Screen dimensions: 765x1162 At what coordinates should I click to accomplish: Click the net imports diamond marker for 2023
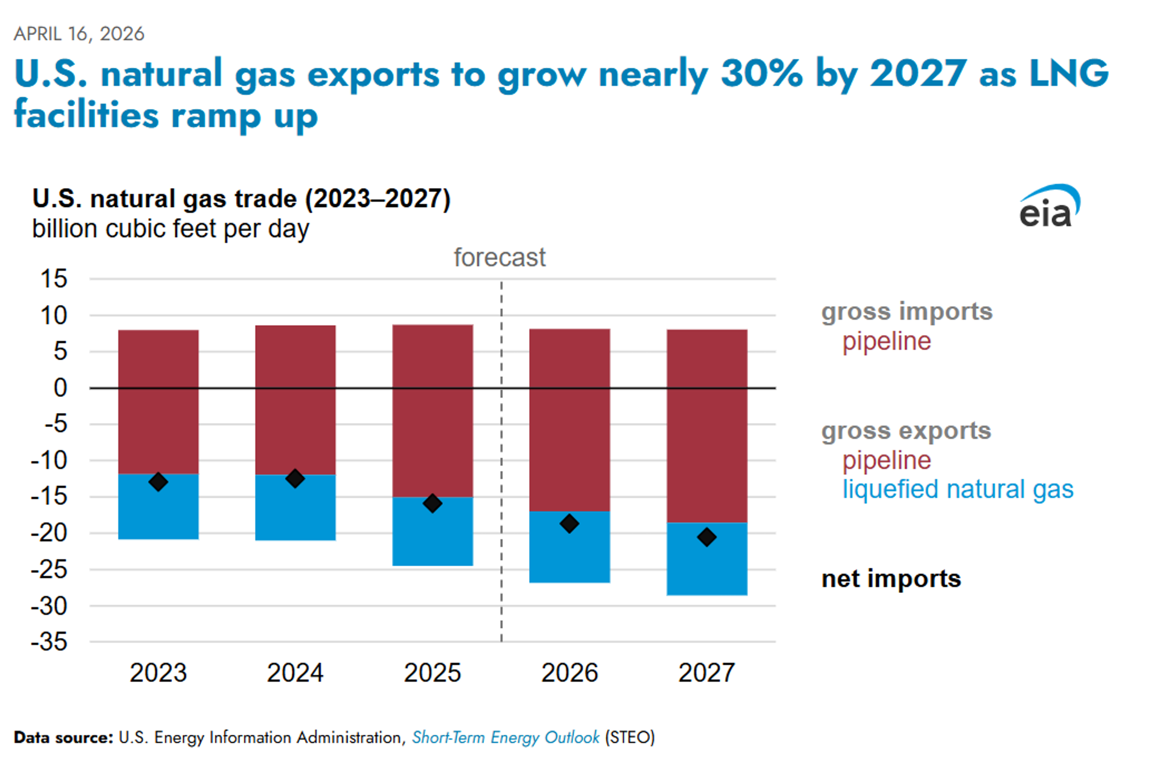[x=158, y=482]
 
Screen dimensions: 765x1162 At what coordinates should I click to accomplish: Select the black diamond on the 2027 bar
[x=707, y=537]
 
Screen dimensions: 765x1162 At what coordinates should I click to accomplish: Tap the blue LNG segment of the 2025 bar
[x=433, y=537]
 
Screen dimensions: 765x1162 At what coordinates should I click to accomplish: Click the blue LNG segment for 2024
[x=295, y=513]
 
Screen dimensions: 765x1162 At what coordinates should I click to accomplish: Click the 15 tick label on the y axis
[x=54, y=279]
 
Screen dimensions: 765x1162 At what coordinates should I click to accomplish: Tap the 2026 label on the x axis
[x=569, y=673]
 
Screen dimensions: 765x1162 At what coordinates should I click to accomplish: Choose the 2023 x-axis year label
[x=158, y=673]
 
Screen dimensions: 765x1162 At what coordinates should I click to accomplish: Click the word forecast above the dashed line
[x=500, y=257]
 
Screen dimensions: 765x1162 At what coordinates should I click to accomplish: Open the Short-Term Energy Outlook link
[x=505, y=737]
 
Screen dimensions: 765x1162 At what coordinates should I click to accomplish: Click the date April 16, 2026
[x=79, y=34]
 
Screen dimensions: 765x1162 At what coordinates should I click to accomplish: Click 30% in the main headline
[x=762, y=73]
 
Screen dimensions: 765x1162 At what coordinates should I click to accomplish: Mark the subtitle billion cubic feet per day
[x=170, y=228]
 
